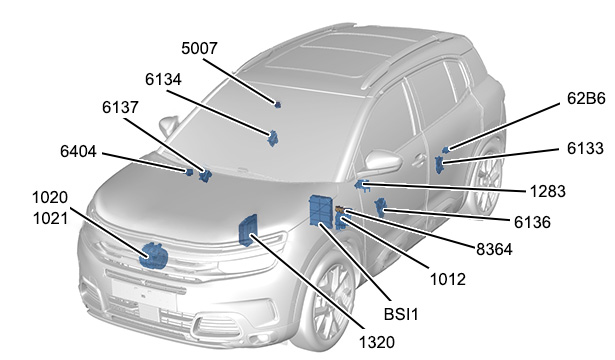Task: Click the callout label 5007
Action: coord(199,49)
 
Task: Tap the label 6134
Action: coord(163,80)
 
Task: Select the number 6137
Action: coord(120,107)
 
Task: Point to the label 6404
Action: coord(78,151)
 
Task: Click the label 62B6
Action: coord(586,98)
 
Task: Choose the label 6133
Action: coord(585,149)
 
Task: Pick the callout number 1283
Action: coord(548,191)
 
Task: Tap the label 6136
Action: coord(532,222)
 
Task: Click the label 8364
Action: coord(494,249)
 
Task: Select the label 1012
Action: coord(448,280)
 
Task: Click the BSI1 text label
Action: coord(401,315)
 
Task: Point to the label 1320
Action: coord(377,343)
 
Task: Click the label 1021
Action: coord(51,218)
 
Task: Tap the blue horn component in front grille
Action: coord(154,256)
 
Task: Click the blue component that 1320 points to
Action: coord(248,231)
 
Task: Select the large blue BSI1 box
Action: coord(321,211)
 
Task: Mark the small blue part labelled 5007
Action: coord(278,104)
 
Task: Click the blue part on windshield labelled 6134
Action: coord(272,138)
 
